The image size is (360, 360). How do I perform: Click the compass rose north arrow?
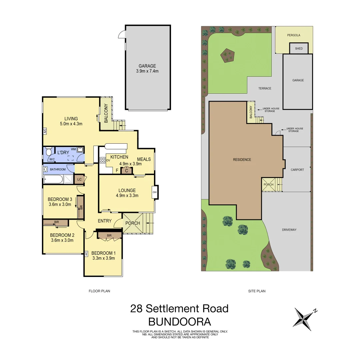(303, 318)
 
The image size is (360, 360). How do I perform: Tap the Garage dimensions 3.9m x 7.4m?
(147, 71)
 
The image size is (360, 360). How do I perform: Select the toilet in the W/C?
(49, 153)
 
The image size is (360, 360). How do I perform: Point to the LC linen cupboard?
(79, 179)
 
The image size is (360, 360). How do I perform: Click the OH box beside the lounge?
(155, 192)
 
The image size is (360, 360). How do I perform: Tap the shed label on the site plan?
(299, 49)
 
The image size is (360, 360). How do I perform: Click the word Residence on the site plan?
(242, 160)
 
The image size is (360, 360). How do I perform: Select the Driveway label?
(289, 230)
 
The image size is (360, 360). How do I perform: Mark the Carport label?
(297, 170)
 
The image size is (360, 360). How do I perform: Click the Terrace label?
(265, 88)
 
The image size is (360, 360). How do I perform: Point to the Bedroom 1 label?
(103, 253)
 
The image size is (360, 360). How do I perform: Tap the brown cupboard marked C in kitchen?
(127, 171)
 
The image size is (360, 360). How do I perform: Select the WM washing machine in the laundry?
(80, 150)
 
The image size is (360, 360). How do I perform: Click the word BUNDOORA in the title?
(180, 322)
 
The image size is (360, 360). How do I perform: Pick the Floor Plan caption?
(99, 291)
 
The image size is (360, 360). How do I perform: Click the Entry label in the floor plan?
(104, 221)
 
